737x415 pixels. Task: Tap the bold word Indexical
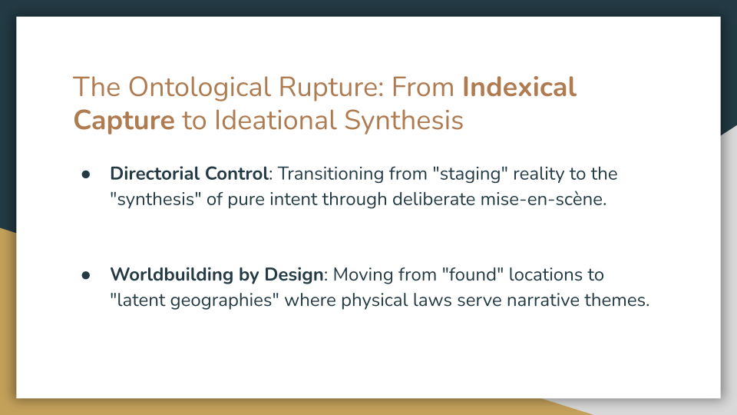(x=519, y=88)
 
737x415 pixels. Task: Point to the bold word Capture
(x=124, y=121)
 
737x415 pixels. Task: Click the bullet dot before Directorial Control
(x=87, y=174)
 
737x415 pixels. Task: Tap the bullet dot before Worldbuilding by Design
(x=87, y=275)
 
